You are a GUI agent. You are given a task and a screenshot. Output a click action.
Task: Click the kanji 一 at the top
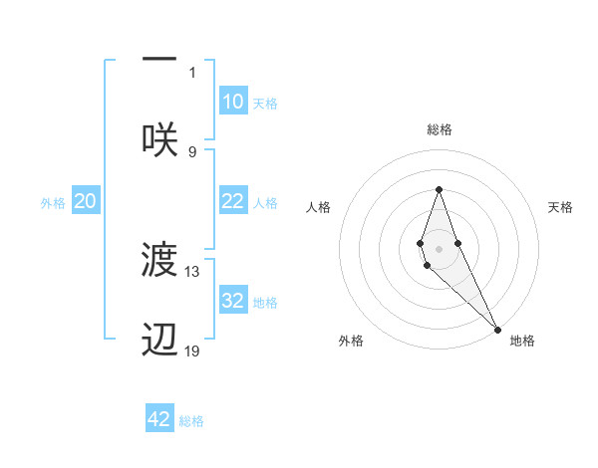[159, 59]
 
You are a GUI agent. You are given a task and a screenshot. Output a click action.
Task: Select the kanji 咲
[159, 138]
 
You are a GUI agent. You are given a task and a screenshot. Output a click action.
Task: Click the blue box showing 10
[233, 101]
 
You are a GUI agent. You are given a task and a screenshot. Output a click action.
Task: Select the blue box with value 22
[233, 201]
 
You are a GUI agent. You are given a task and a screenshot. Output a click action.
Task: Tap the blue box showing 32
[233, 301]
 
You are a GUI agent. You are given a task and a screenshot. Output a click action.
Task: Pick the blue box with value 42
[159, 419]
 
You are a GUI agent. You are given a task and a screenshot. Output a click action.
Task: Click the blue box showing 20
[85, 201]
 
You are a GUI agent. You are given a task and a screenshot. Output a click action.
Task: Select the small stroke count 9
[192, 151]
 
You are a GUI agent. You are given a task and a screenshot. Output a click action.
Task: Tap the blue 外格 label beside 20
[53, 202]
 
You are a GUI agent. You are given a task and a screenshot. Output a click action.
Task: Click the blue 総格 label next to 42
[191, 421]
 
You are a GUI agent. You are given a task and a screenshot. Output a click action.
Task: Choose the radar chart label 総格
[439, 129]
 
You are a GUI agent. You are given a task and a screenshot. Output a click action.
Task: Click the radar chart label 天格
[561, 207]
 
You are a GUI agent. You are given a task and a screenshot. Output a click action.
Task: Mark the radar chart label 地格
[522, 341]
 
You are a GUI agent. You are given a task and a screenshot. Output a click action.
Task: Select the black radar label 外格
[351, 341]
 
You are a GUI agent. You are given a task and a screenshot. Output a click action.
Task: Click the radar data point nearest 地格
[497, 329]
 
